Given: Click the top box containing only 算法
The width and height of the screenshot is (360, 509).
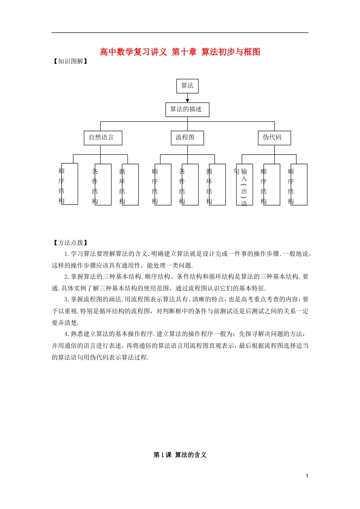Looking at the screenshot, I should pos(187,86).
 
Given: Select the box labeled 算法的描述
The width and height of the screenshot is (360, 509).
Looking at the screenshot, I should pos(187,109).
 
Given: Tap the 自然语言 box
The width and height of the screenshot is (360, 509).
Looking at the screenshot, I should pos(103,137).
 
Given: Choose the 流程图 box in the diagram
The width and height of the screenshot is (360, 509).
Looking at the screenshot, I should pos(187,137).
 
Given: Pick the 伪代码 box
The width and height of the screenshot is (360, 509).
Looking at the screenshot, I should pos(274,137).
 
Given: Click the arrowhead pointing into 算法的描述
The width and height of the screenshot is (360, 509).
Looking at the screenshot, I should pos(187,100).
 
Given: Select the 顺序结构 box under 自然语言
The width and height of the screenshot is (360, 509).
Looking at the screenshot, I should pos(69,184).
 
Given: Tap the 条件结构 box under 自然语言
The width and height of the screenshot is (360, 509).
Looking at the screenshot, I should pos(103,184).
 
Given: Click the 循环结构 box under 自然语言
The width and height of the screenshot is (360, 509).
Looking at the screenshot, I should pos(130,184).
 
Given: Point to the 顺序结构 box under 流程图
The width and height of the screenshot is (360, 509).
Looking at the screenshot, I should pos(163,184).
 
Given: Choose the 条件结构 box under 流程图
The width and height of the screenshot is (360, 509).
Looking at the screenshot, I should pos(190,184).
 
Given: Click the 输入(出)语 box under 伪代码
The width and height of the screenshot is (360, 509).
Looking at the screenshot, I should pos(244,184).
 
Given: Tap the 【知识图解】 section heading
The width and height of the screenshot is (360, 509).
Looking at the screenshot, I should pos(70,61).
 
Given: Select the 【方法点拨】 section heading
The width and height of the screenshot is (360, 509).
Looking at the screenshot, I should pos(70,243).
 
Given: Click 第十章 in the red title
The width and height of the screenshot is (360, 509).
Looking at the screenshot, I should pos(184,52).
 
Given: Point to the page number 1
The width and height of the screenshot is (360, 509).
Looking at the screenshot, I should pos(307,476).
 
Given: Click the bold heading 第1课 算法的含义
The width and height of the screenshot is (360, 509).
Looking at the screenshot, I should pos(180,455).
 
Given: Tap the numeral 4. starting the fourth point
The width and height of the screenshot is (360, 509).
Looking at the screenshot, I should pos(67,334).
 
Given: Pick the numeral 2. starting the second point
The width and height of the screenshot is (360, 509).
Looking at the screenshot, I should pos(67,277).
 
